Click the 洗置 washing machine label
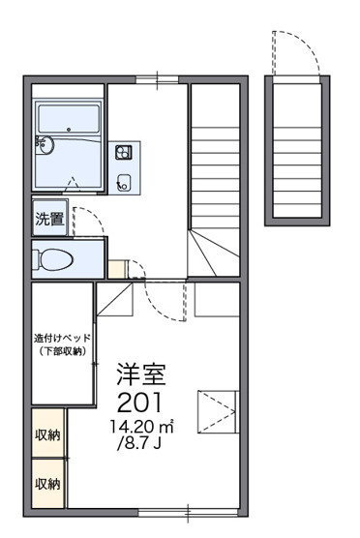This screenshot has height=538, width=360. coord(49,219)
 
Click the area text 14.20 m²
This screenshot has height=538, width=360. coord(141,425)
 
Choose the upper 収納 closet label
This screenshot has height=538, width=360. coord(47,435)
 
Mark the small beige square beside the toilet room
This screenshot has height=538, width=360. coord(117,270)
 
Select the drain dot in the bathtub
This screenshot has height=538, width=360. coord(70,129)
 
